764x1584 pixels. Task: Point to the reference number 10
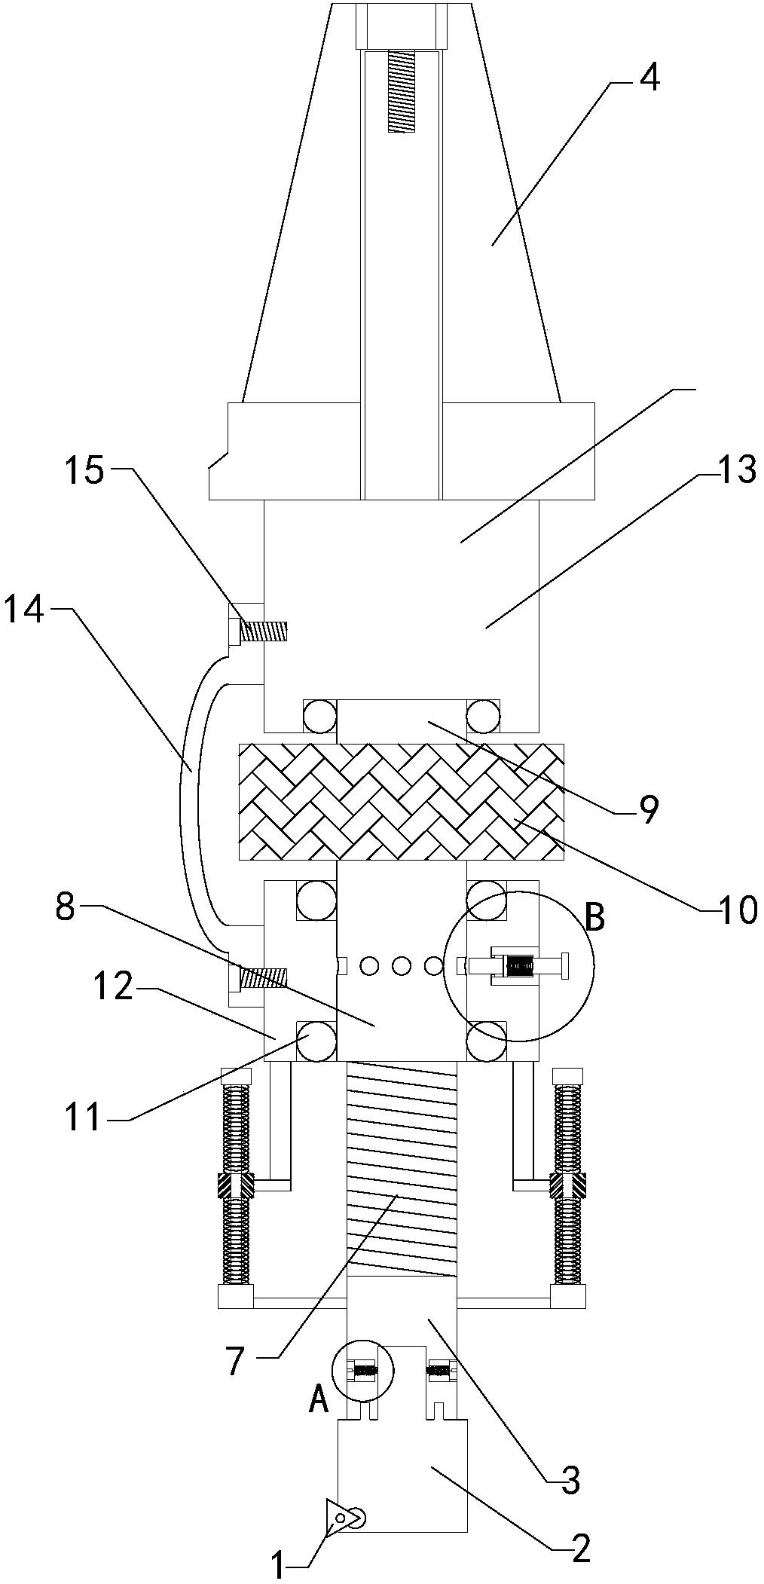click(736, 910)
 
